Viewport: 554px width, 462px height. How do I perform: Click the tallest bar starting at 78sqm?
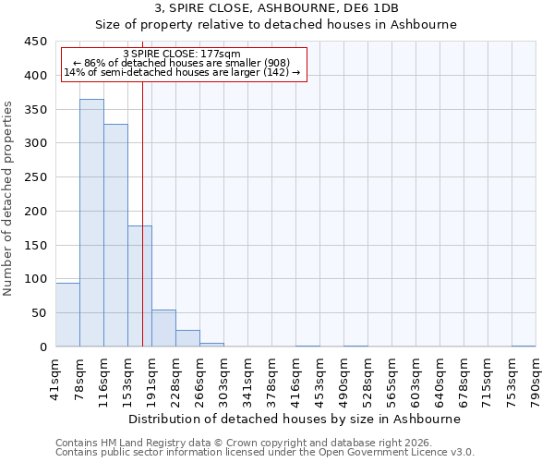[91, 223]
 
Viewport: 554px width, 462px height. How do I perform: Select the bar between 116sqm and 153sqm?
[115, 236]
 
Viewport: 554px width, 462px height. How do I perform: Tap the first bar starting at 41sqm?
[67, 314]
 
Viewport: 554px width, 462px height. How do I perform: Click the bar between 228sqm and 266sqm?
[187, 338]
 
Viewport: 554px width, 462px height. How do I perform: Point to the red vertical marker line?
[142, 213]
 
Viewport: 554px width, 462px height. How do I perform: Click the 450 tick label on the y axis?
[36, 42]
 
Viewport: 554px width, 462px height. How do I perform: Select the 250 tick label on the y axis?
[36, 177]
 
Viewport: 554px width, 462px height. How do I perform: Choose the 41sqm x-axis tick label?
[55, 379]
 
